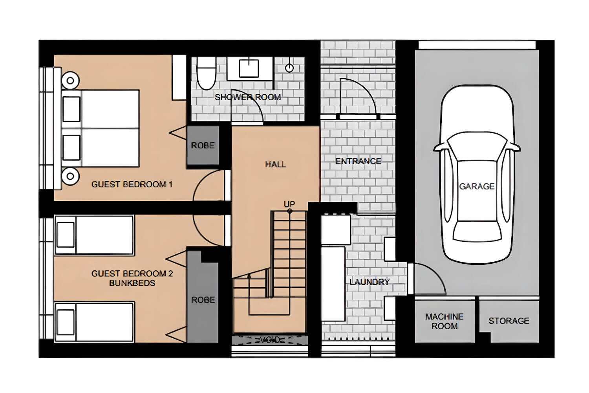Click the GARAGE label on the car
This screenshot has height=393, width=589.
click(x=477, y=186)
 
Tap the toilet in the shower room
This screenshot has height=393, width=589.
click(x=206, y=75)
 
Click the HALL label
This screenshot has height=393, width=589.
click(x=275, y=164)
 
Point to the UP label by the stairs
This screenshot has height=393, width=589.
click(x=289, y=204)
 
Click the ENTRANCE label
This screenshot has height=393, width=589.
click(x=358, y=161)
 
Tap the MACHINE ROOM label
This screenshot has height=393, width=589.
click(x=444, y=321)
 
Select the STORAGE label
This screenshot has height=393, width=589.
click(x=509, y=321)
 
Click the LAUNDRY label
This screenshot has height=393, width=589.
click(x=369, y=282)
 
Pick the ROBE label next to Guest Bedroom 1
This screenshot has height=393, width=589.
click(x=203, y=145)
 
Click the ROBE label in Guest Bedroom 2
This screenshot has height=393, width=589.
click(x=203, y=300)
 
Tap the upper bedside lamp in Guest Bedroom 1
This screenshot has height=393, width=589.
click(x=70, y=81)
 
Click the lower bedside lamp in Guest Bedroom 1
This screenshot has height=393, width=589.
click(x=70, y=176)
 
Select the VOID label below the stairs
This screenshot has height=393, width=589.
click(x=270, y=340)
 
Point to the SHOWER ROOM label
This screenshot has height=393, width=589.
click(x=247, y=97)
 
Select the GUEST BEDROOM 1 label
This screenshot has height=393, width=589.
click(x=132, y=184)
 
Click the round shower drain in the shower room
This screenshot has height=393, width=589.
click(x=289, y=68)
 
